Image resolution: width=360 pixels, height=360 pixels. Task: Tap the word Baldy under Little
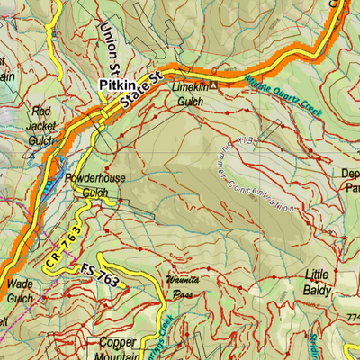[317, 290]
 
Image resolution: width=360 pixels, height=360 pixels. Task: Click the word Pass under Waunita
[184, 293]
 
